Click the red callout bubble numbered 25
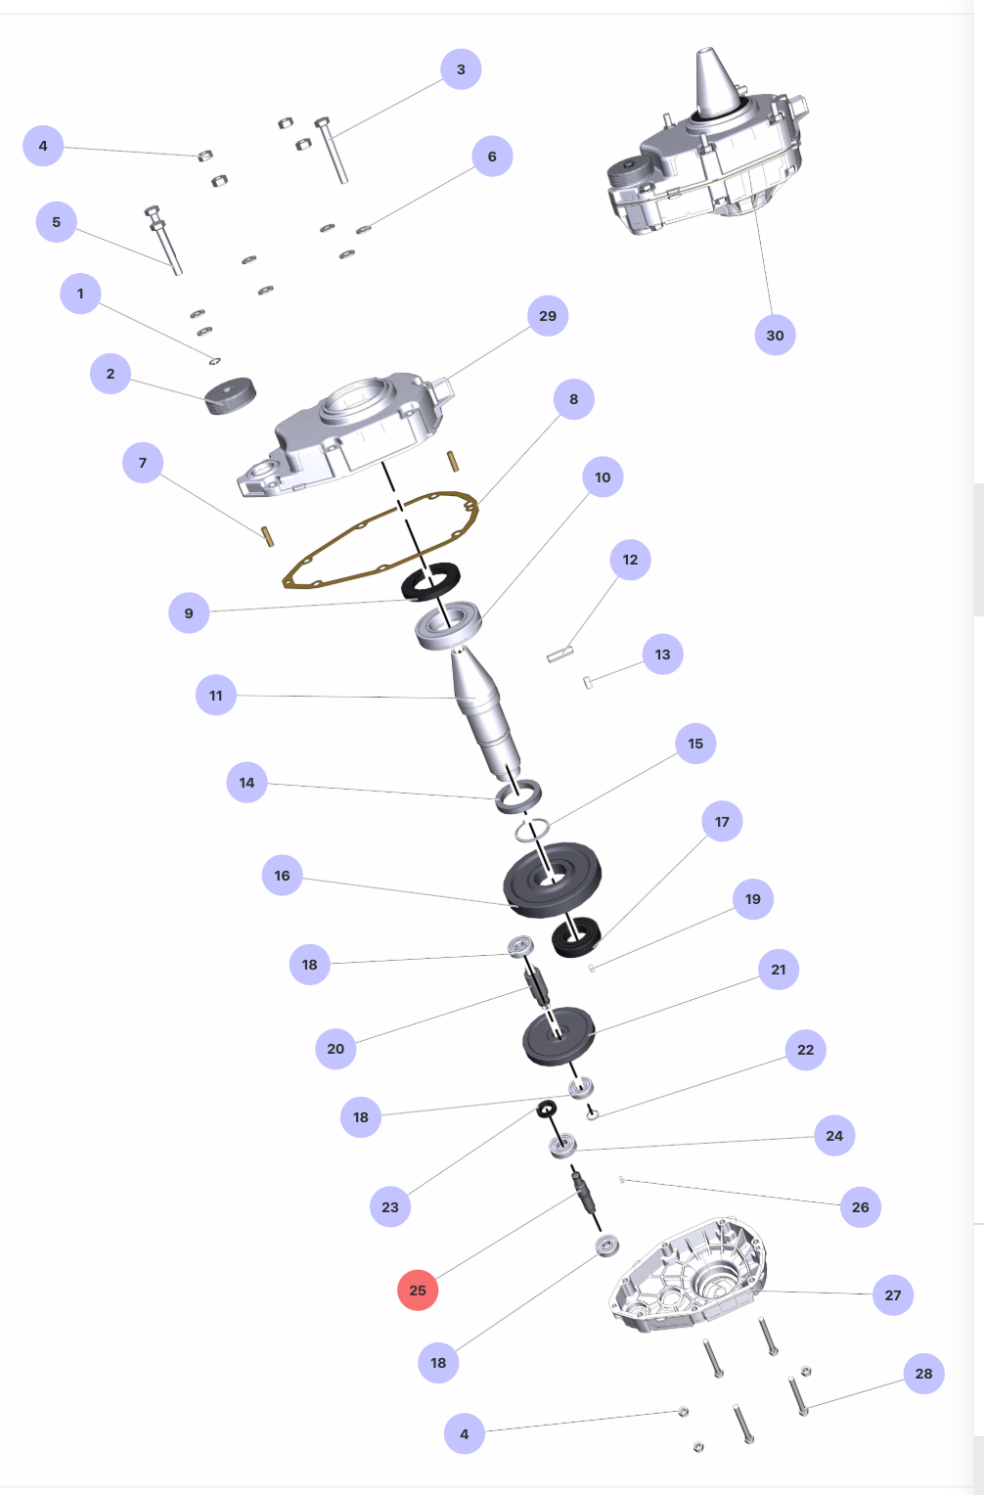(x=418, y=1291)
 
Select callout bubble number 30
(x=775, y=335)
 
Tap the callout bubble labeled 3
(x=461, y=68)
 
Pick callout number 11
(x=215, y=696)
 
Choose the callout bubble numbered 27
(x=893, y=1294)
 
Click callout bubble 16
(x=283, y=875)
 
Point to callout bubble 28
(x=924, y=1374)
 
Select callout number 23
(x=390, y=1206)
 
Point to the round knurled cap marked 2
(x=230, y=396)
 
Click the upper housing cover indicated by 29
(x=347, y=433)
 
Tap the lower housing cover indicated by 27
(x=687, y=1276)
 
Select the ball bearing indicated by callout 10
(x=448, y=624)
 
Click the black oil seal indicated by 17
(x=576, y=937)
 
